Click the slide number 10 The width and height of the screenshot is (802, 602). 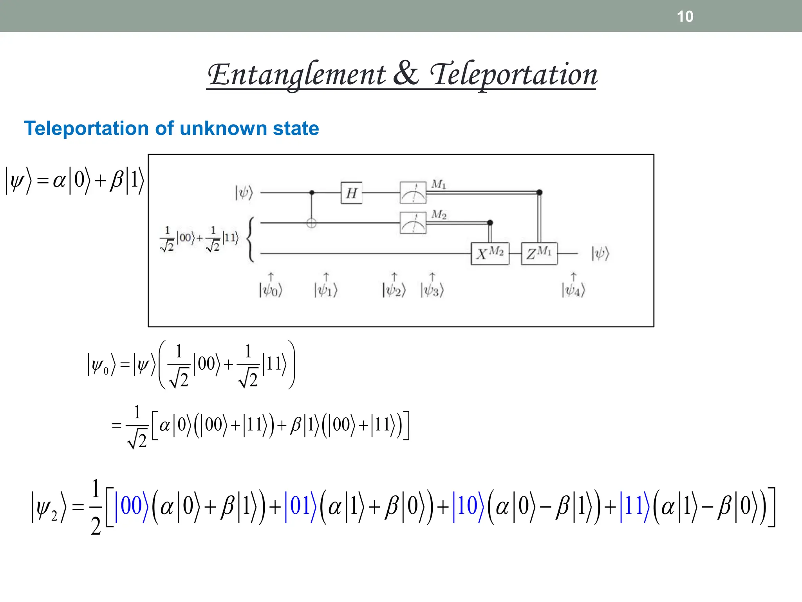pos(685,16)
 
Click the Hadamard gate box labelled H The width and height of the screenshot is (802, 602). pos(351,193)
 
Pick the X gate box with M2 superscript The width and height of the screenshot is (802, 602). pos(490,254)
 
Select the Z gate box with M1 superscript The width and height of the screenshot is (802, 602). pos(539,254)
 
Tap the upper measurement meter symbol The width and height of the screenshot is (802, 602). pos(413,192)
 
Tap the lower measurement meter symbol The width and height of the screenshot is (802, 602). pos(413,223)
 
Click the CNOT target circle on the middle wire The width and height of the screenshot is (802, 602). pos(311,223)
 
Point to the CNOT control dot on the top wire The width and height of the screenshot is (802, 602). pos(312,192)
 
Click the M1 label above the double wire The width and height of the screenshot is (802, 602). pos(439,184)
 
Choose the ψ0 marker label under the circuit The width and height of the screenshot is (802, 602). pos(270,290)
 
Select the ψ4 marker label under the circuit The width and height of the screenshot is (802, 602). pos(573,290)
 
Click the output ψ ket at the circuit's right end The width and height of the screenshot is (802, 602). pos(600,254)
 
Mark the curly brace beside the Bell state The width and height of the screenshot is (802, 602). pos(251,239)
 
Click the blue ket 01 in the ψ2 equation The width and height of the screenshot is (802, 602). pos(300,506)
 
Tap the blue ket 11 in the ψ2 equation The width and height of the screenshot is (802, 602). pos(634,506)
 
